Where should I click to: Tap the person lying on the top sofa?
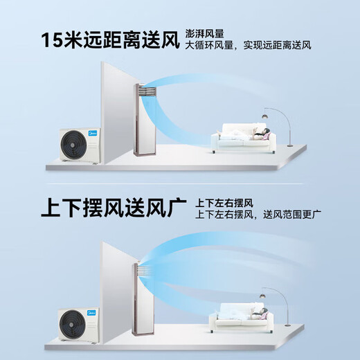point(259,133)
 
